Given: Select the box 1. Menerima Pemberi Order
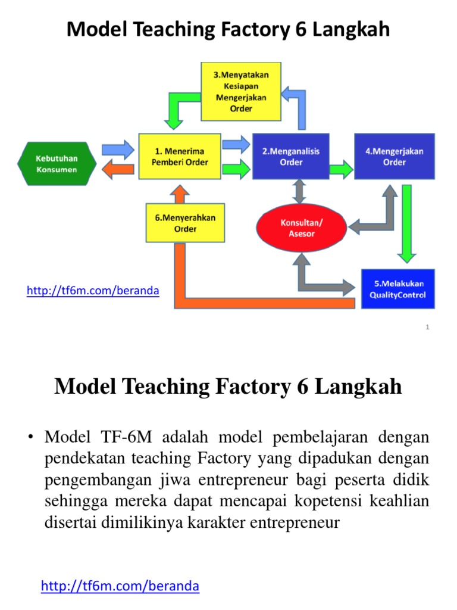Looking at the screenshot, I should click(180, 157).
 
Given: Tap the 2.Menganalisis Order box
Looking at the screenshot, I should click(291, 157).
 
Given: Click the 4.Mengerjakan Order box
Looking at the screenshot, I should click(394, 157).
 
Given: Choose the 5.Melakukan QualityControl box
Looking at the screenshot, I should click(397, 290).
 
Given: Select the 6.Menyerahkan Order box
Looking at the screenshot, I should click(185, 223).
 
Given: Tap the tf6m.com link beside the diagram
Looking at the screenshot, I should click(93, 291).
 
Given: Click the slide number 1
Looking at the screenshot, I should click(427, 327).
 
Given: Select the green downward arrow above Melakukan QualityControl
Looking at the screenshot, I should click(407, 223).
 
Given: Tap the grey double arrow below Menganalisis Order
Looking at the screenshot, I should click(299, 192).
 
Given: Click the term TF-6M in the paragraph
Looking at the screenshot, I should click(113, 437).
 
